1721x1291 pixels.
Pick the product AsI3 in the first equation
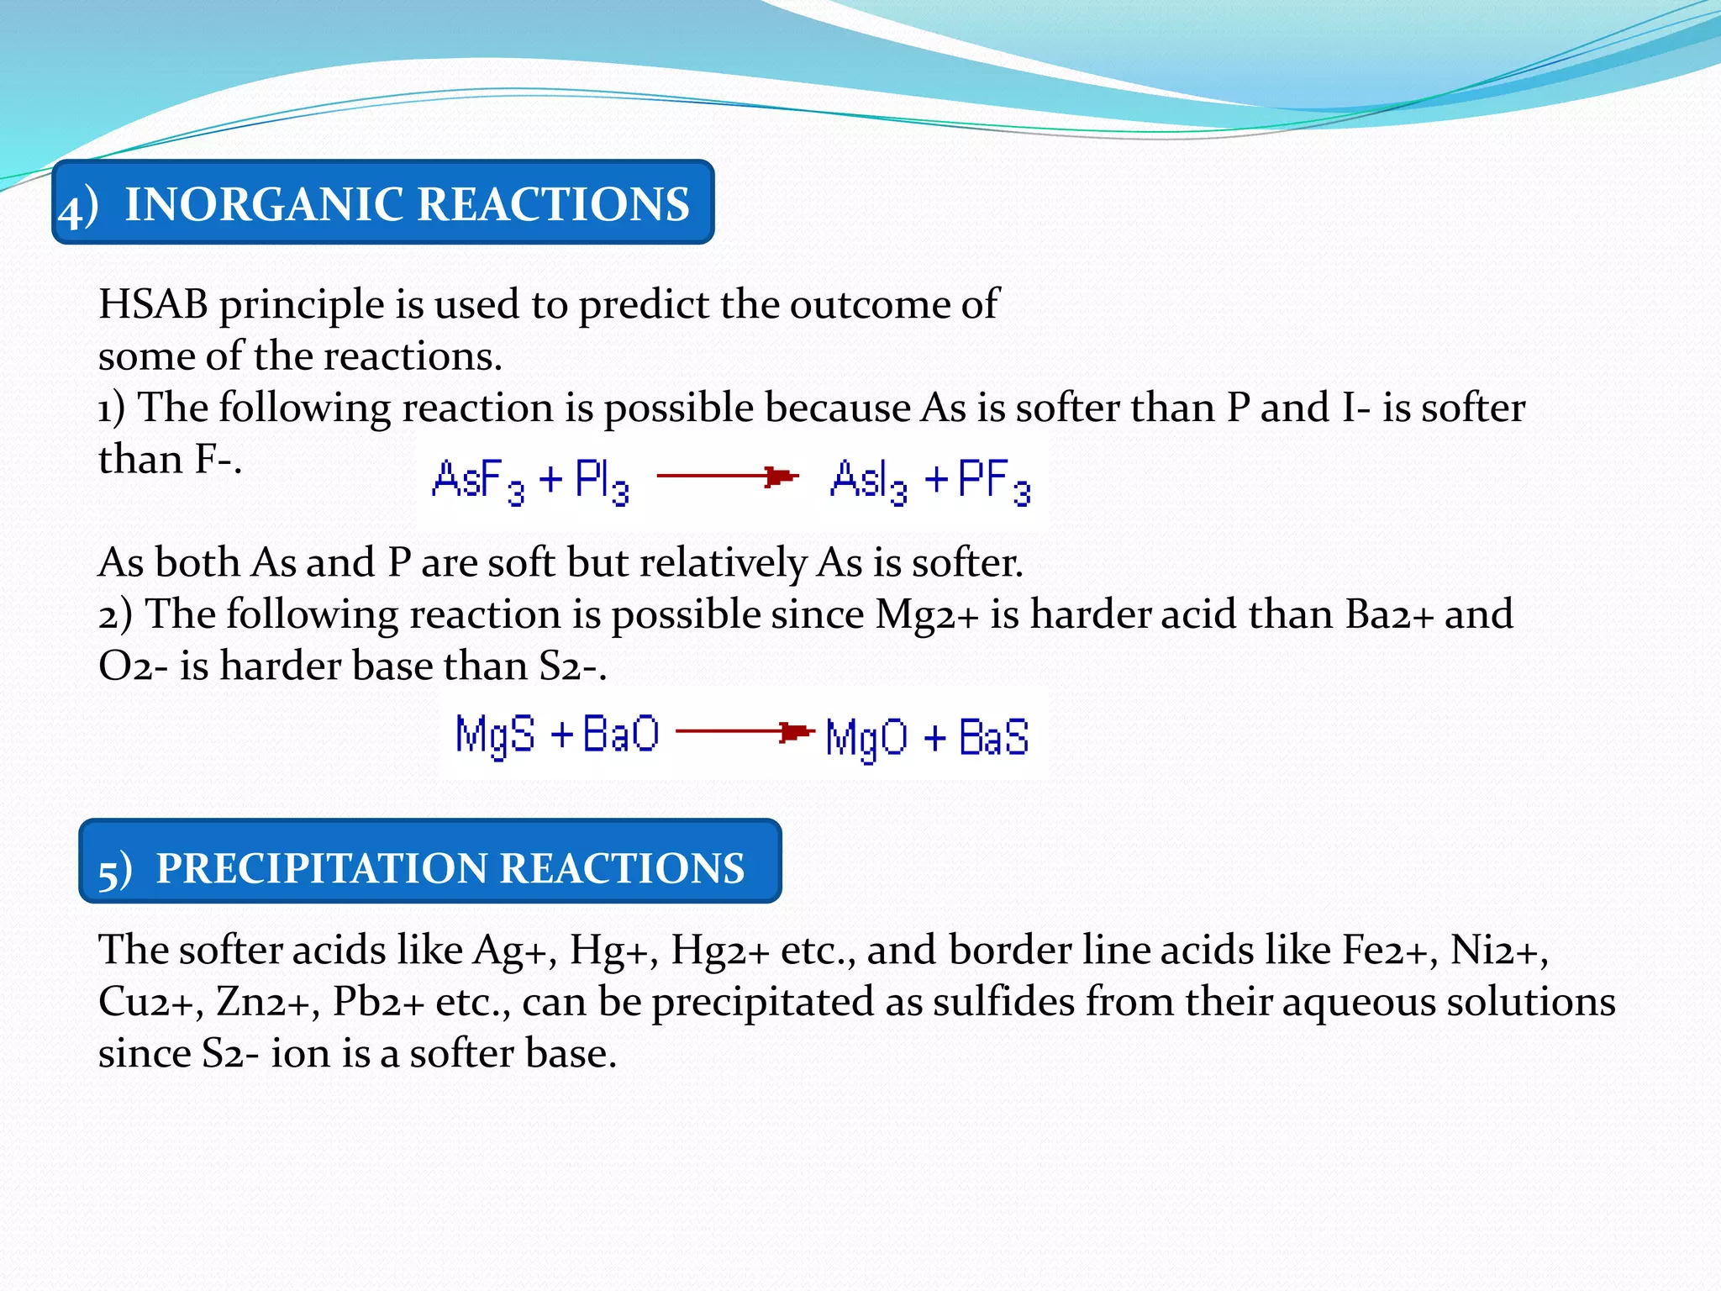(x=868, y=481)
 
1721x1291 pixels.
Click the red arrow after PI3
(x=727, y=477)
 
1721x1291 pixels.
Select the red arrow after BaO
(x=745, y=732)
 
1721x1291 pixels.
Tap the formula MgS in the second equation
(x=494, y=735)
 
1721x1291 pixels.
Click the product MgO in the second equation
(x=866, y=738)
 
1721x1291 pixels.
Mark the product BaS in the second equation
(x=993, y=737)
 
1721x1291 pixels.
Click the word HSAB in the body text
(x=153, y=304)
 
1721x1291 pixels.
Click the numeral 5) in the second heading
(x=115, y=870)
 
